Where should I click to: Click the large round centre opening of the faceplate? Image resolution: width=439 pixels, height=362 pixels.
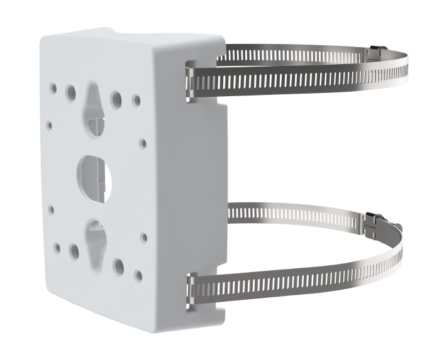94,172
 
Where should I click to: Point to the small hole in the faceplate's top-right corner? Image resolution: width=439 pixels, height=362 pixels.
136,100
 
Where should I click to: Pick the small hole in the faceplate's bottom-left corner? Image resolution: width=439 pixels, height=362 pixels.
57,248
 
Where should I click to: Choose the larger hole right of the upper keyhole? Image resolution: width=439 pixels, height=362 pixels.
116,99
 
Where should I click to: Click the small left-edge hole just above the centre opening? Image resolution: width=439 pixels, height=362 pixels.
49,125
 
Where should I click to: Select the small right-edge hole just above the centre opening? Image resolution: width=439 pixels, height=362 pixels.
143,143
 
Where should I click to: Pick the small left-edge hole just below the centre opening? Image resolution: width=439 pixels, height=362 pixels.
51,210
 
